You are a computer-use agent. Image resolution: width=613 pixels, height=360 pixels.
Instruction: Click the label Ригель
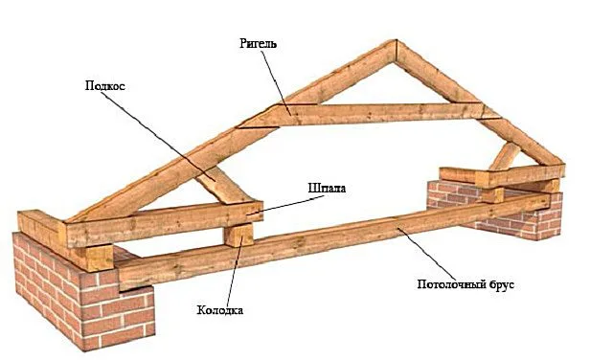(x=258, y=43)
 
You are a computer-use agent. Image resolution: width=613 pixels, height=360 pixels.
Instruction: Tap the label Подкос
(x=105, y=85)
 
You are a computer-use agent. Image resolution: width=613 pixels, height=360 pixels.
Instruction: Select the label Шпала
(x=327, y=188)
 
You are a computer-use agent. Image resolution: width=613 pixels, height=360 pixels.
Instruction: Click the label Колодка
(x=219, y=310)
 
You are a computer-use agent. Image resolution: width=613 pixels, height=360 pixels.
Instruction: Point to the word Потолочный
(x=451, y=284)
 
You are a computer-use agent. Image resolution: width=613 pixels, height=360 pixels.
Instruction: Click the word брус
(x=502, y=284)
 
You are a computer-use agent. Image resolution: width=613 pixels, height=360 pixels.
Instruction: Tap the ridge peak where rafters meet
(x=396, y=40)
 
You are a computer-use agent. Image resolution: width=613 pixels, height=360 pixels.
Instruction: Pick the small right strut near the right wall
(x=505, y=155)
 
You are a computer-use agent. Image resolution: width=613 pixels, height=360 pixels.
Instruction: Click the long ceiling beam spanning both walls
(x=332, y=242)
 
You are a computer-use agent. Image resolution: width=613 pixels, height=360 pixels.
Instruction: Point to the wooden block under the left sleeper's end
(x=238, y=235)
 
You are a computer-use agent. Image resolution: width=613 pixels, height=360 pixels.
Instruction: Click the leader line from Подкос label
(x=160, y=136)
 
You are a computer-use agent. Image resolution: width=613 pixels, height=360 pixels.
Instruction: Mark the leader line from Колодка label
(x=235, y=270)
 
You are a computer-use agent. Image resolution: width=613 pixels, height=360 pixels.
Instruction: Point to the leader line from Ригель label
(x=276, y=83)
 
